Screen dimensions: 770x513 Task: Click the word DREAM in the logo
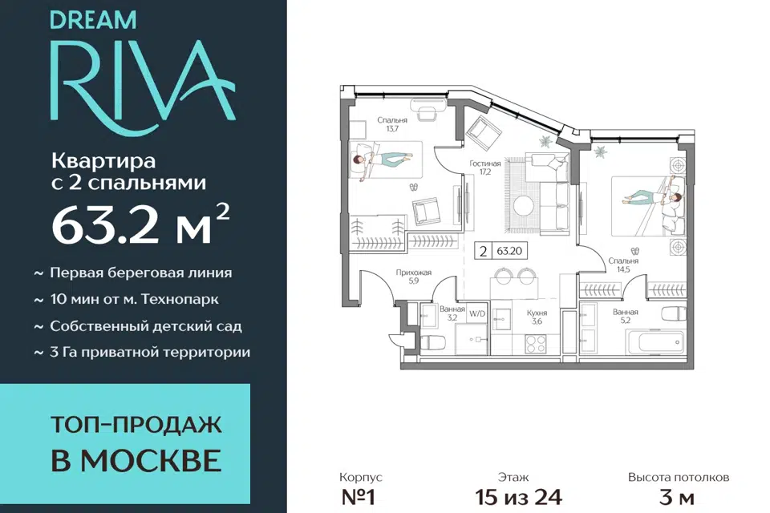point(93,20)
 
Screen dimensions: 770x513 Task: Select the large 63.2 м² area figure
point(140,224)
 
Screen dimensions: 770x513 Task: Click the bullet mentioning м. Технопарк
point(127,299)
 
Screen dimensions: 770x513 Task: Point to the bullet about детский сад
point(138,326)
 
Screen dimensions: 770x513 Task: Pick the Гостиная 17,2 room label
point(485,168)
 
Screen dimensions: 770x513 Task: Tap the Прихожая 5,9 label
point(414,277)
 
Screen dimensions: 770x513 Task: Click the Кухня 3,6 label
point(537,317)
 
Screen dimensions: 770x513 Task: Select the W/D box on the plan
point(476,313)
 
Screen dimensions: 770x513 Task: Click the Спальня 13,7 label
point(392,124)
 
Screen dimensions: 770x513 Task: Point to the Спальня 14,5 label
point(623,265)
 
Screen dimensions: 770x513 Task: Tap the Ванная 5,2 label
point(625,316)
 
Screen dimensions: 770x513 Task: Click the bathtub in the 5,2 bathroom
point(654,340)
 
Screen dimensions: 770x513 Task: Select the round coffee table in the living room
point(524,205)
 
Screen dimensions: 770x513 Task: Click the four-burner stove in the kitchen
point(535,344)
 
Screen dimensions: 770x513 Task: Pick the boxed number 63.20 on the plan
point(509,251)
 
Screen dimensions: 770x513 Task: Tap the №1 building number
point(358,497)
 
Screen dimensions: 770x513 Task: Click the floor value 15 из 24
point(518,497)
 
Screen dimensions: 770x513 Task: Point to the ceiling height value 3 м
point(679,497)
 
